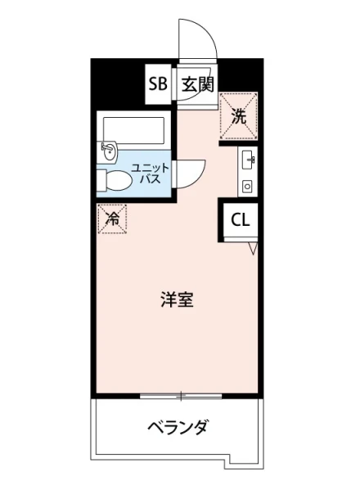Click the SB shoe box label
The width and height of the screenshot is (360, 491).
[157, 84]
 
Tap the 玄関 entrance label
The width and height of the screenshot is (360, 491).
[197, 84]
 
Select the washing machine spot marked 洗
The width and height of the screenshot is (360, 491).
[239, 115]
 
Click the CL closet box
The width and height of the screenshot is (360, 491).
[240, 219]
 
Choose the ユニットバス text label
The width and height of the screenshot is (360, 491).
[155, 172]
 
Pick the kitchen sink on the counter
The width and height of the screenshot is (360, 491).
[247, 158]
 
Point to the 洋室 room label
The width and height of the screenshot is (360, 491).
[176, 300]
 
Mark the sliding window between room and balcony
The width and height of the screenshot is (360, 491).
[180, 397]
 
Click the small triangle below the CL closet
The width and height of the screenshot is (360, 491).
[254, 247]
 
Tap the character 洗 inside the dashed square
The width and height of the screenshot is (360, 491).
[239, 115]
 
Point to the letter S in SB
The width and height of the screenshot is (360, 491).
[152, 84]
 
